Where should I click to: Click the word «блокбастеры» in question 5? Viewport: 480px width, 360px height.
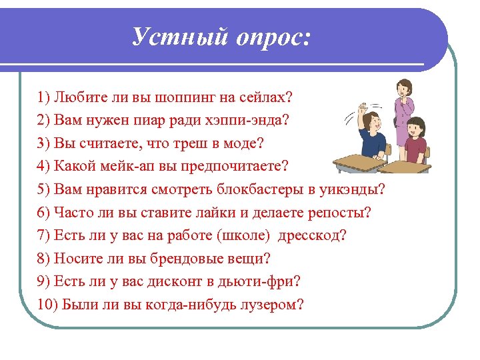point(261,190)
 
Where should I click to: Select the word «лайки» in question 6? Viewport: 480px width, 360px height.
point(221,213)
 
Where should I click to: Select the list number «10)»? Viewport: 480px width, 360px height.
point(49,304)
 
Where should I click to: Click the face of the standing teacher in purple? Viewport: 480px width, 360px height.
point(404,89)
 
